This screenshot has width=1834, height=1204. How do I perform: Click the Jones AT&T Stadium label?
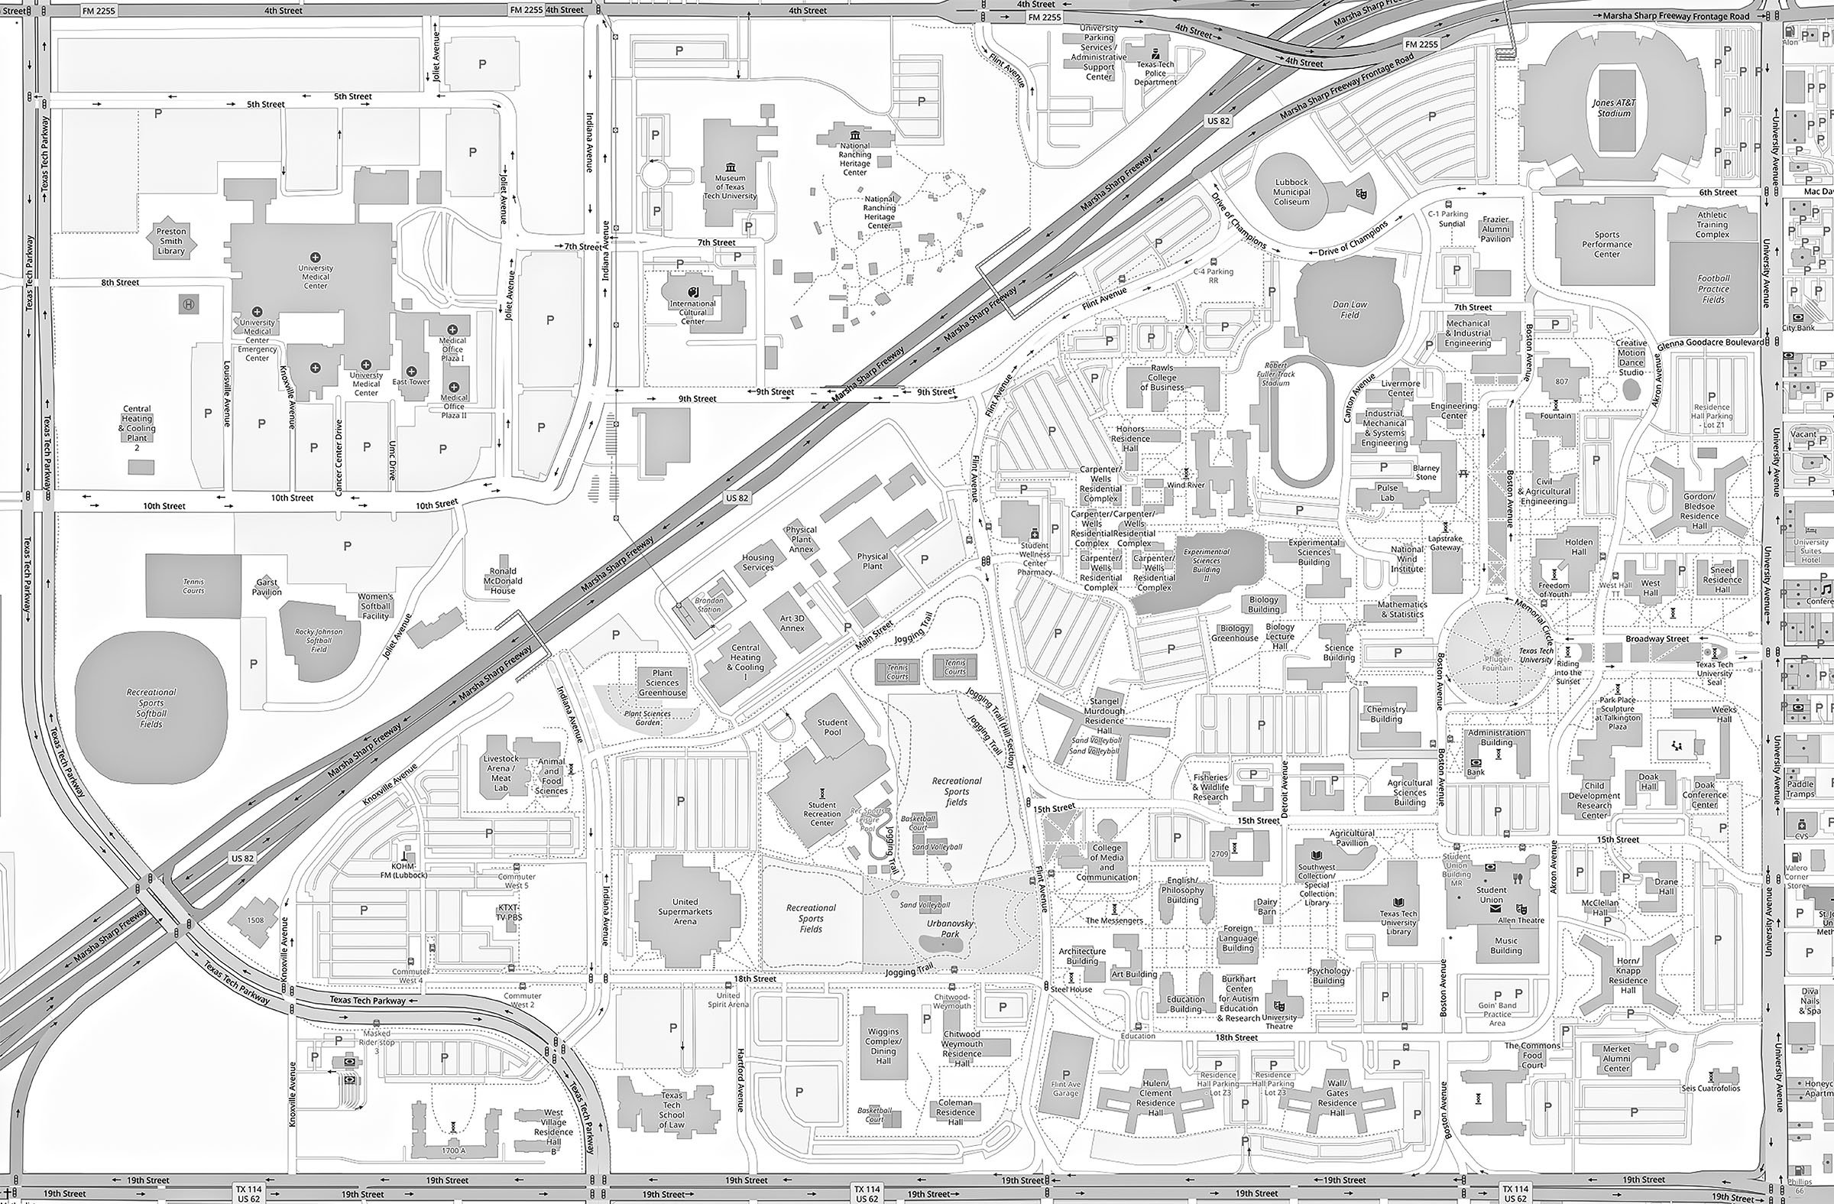(1614, 108)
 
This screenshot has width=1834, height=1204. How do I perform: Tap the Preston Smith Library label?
(171, 241)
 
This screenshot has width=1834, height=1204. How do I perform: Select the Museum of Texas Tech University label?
(730, 187)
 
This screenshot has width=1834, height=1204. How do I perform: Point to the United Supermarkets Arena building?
(684, 910)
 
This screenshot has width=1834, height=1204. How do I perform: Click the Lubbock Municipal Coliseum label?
(1291, 192)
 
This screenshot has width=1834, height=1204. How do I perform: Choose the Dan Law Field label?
(1350, 309)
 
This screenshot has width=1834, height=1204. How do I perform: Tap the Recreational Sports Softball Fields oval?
(151, 708)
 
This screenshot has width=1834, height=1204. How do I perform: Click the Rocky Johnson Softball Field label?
(318, 640)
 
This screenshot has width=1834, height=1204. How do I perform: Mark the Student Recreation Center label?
(821, 814)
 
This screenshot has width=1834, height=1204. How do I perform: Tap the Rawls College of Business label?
(1162, 377)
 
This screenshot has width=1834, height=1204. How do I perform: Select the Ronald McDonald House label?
(502, 580)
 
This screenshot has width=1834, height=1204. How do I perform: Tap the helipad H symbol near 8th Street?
(188, 304)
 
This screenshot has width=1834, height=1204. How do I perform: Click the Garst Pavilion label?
(267, 587)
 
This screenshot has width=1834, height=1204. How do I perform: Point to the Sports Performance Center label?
(1607, 245)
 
